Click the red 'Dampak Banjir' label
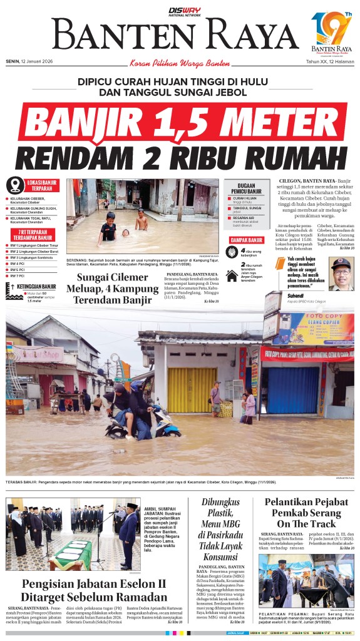point(245,240)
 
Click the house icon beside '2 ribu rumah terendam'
point(232,275)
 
